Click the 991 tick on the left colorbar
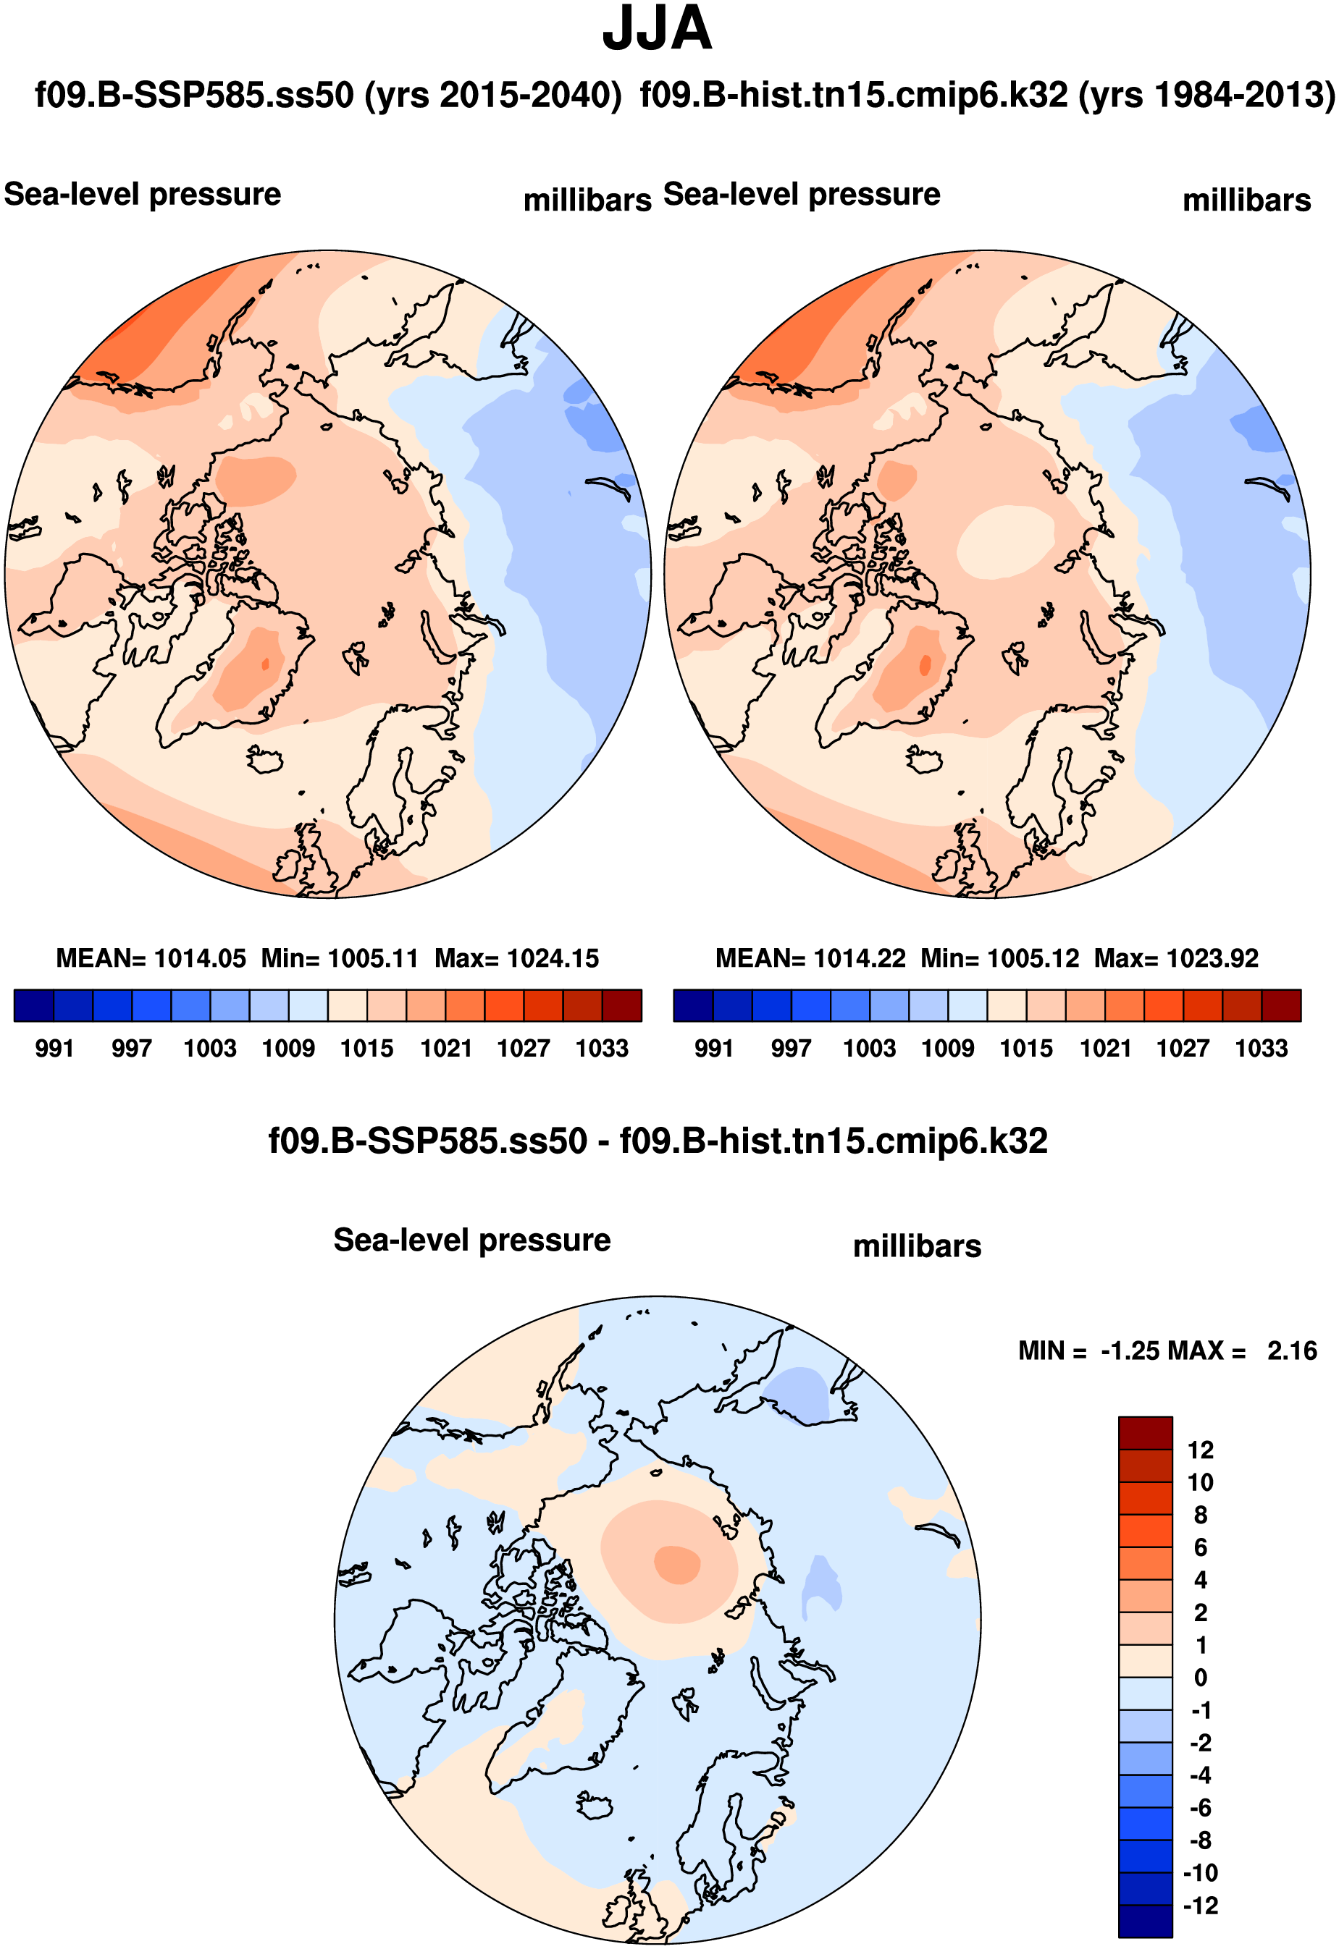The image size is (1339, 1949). (54, 1048)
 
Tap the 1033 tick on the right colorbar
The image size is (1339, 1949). (1261, 1048)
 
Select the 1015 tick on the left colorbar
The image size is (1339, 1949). (366, 1048)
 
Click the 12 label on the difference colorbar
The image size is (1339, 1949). (1201, 1450)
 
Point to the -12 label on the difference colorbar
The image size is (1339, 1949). (1201, 1906)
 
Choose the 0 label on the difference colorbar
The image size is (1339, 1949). (1201, 1678)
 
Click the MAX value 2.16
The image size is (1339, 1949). (1292, 1351)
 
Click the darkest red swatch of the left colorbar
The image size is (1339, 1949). (621, 1005)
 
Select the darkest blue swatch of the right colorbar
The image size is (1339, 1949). (693, 1005)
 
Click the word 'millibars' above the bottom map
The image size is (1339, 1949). (917, 1246)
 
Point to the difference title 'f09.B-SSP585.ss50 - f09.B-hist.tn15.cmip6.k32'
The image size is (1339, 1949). (658, 1141)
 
